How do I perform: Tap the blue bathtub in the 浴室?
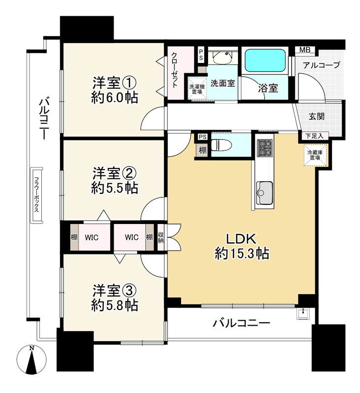point(265,60)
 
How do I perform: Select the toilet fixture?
point(218,145)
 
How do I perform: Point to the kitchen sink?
point(264,193)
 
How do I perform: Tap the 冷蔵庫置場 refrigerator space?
point(316,155)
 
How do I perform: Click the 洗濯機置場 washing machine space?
point(197,89)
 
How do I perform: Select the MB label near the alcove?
point(305,50)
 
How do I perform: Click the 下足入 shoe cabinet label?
point(315,136)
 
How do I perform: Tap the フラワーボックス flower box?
point(36,195)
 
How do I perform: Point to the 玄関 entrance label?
point(316,116)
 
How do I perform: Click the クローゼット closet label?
point(175,70)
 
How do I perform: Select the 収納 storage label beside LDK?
point(160,237)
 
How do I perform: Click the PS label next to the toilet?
point(203,137)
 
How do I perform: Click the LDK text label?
point(241,239)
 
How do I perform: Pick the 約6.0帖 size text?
point(115,97)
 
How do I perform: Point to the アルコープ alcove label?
point(321,65)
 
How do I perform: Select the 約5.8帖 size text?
point(115,305)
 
